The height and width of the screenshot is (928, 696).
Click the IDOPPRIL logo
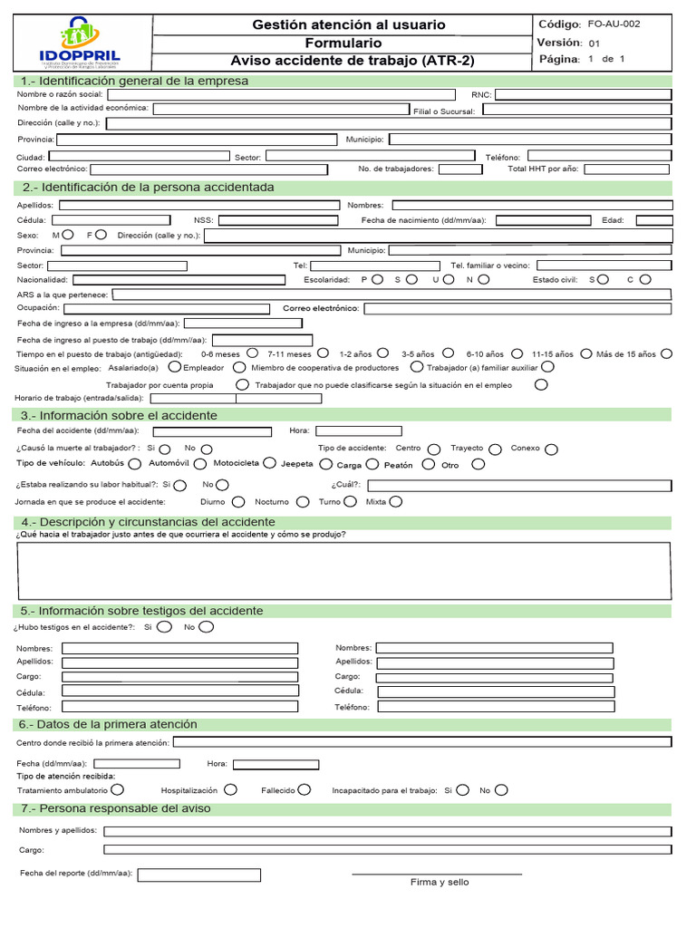pyautogui.click(x=78, y=43)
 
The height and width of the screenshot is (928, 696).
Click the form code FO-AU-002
pyautogui.click(x=614, y=24)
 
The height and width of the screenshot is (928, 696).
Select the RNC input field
pyautogui.click(x=583, y=93)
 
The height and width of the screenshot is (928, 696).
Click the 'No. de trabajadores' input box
pyautogui.click(x=460, y=169)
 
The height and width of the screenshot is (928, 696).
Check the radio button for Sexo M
pyautogui.click(x=69, y=234)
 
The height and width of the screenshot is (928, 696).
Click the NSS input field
pyautogui.click(x=278, y=220)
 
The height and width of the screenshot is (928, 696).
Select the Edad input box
pyautogui.click(x=653, y=220)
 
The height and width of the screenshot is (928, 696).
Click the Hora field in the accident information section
pyautogui.click(x=358, y=431)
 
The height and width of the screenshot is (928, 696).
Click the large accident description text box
pyautogui.click(x=343, y=571)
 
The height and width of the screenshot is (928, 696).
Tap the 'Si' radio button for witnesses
pyautogui.click(x=164, y=626)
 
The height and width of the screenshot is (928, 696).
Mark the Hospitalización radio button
pyautogui.click(x=231, y=789)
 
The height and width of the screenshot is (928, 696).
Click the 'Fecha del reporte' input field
pyautogui.click(x=198, y=875)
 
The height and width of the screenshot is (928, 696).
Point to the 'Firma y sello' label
pyautogui.click(x=439, y=883)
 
